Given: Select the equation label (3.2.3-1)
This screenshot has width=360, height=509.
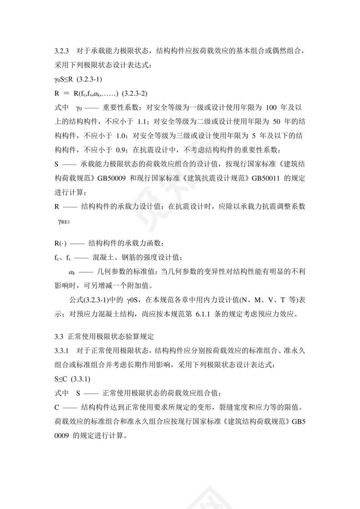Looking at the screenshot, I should (x=89, y=80).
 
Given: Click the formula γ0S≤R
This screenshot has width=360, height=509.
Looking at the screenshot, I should (x=64, y=80).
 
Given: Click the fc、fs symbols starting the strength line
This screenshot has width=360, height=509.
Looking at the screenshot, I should (x=62, y=257).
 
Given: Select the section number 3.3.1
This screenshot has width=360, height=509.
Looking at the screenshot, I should (x=62, y=351).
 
